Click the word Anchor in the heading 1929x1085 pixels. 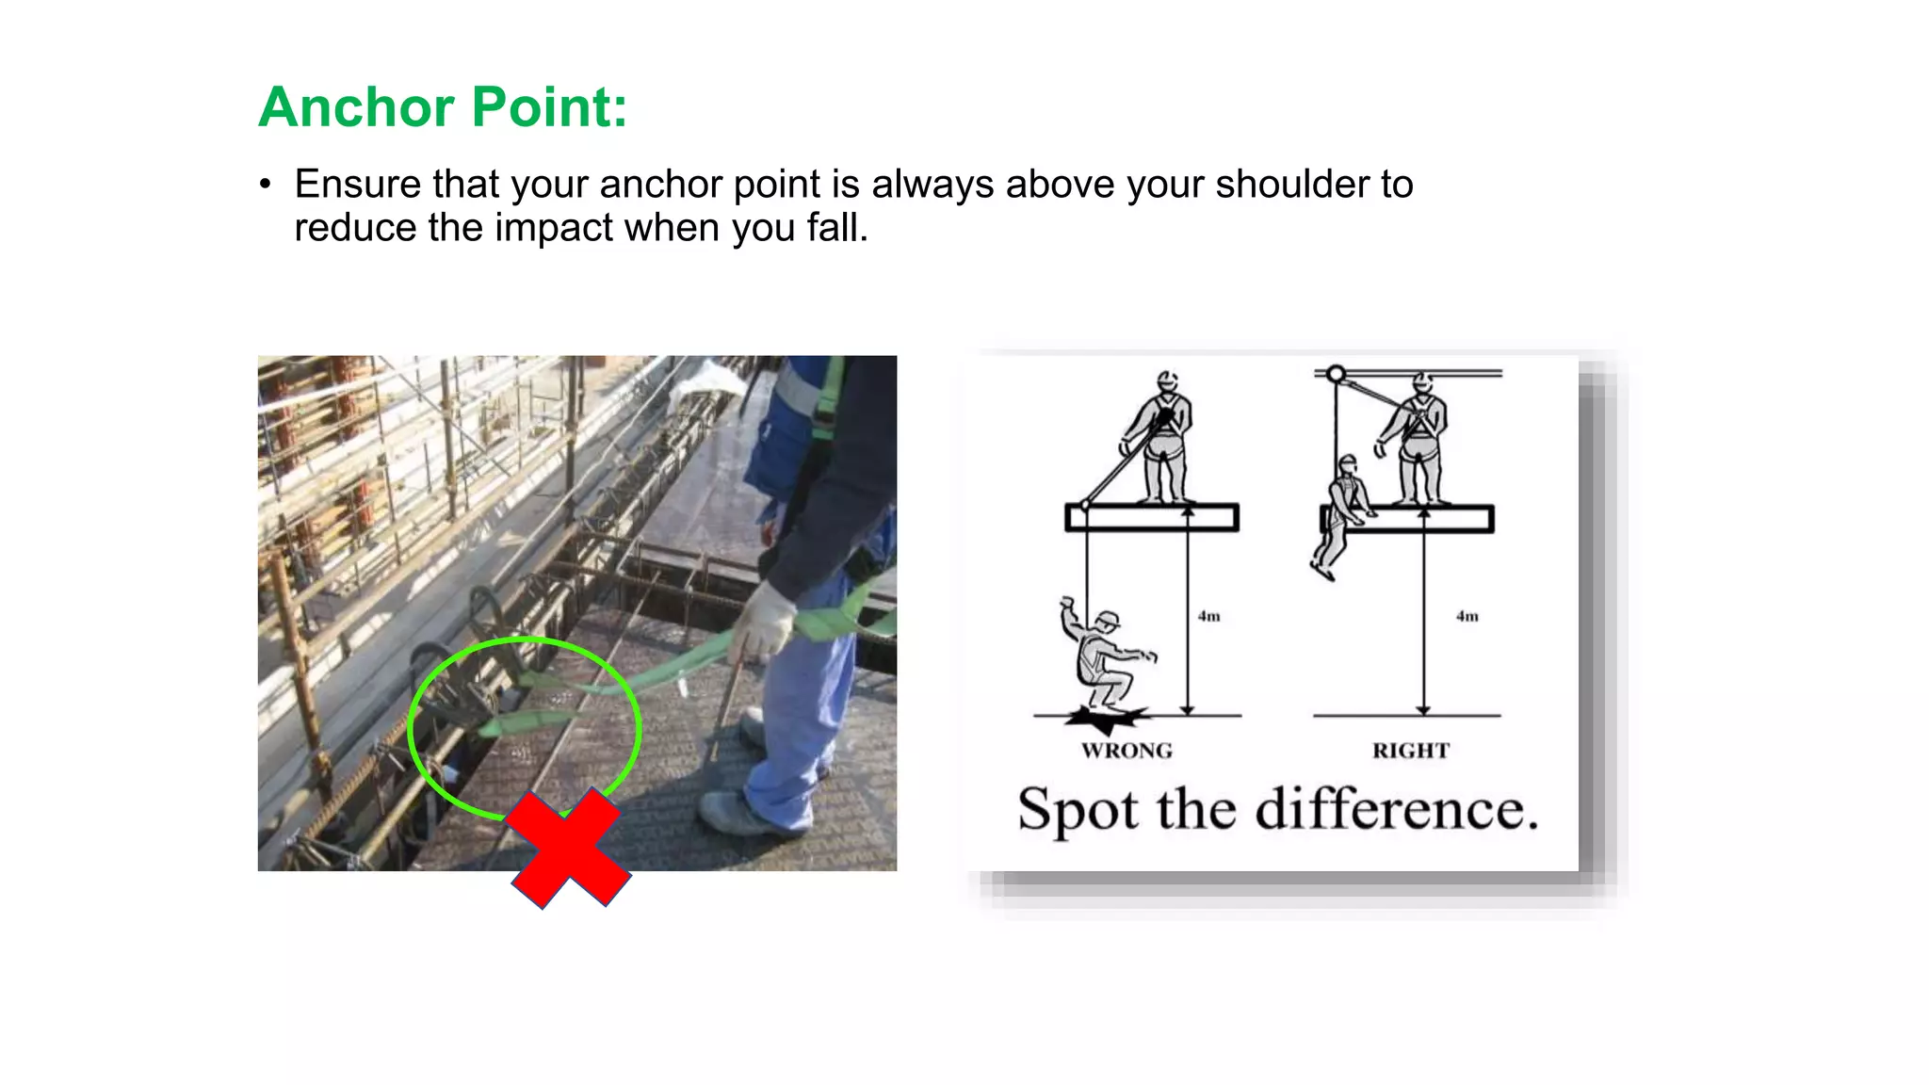(356, 107)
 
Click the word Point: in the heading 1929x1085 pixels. (549, 107)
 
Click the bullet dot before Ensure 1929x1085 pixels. (266, 186)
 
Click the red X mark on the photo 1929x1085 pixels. (569, 849)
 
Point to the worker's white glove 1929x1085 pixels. (764, 622)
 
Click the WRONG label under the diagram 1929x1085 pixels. (1127, 751)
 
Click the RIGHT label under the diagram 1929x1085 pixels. (1410, 751)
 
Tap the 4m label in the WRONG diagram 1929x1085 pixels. (1208, 616)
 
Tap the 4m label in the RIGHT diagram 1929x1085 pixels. (1467, 616)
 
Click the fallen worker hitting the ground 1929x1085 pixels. (1104, 659)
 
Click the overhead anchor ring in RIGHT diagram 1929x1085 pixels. (1336, 375)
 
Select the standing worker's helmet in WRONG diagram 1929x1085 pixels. (1168, 381)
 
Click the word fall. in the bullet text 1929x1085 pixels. (836, 229)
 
